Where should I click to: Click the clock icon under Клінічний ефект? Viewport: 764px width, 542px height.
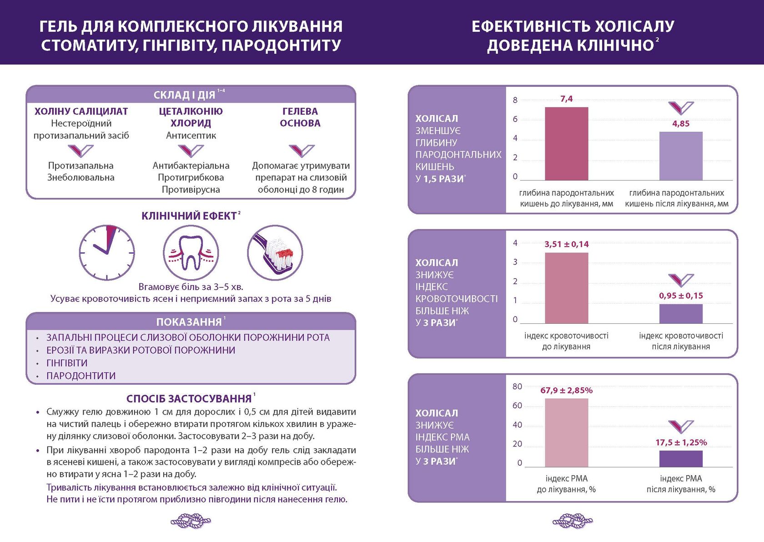107,252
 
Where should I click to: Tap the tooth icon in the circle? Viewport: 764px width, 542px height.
191,252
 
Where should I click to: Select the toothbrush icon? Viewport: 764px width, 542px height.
275,252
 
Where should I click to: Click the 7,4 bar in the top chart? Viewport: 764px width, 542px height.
566,144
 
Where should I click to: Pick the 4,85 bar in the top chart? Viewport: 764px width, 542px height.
681,156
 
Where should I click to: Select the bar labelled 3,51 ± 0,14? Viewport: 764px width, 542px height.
566,288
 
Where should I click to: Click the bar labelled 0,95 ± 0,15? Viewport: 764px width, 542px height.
681,314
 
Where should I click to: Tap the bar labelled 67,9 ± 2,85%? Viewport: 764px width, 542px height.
566,433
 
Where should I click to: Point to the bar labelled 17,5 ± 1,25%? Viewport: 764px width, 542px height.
681,459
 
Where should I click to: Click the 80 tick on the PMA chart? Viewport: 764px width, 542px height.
517,386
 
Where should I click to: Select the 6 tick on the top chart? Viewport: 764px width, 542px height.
515,119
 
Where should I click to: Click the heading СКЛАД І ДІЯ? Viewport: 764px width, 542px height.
185,95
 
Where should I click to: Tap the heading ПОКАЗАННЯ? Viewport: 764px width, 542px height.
189,322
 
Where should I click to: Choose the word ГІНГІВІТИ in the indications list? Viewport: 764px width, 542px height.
67,363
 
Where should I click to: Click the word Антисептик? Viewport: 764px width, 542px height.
191,135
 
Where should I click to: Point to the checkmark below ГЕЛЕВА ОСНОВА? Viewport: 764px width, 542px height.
301,151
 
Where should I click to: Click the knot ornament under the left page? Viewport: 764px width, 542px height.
191,521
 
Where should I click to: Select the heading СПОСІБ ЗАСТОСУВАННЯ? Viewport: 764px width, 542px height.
189,399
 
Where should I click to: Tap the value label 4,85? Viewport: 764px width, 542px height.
681,124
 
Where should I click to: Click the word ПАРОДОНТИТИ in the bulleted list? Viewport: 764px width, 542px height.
81,376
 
